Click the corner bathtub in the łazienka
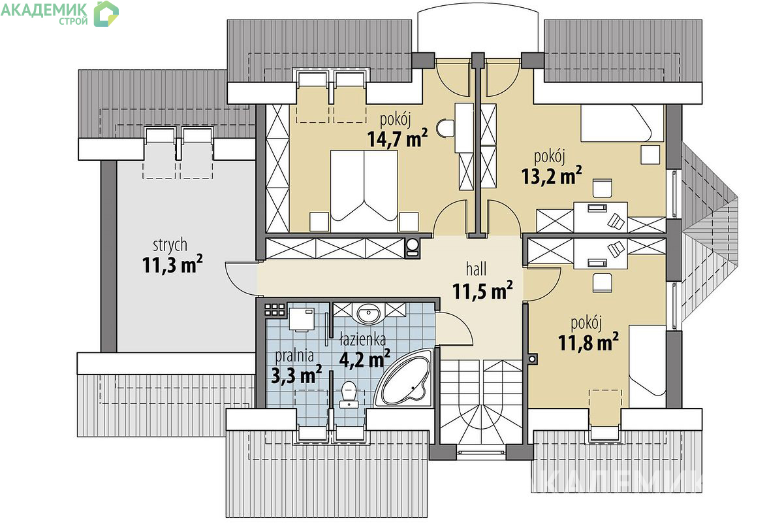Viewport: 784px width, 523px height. [405, 379]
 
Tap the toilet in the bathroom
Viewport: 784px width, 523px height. [349, 395]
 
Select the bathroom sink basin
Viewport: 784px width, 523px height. [368, 312]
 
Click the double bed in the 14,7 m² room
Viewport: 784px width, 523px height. [364, 191]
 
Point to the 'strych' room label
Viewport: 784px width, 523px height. [170, 245]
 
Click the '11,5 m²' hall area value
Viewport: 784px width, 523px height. [482, 290]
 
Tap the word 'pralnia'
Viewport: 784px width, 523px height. [294, 356]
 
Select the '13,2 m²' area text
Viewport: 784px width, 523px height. [552, 175]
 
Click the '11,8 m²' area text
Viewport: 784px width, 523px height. [588, 342]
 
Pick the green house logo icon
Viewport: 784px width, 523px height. [106, 14]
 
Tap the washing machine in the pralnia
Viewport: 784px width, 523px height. [302, 319]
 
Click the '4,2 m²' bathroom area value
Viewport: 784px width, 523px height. [364, 358]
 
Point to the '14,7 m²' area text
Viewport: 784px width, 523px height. [398, 138]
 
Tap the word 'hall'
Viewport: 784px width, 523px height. [476, 269]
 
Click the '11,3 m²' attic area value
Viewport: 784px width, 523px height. [172, 264]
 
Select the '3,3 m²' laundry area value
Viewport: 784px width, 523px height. [296, 375]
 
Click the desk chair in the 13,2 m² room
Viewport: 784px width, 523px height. [602, 188]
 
